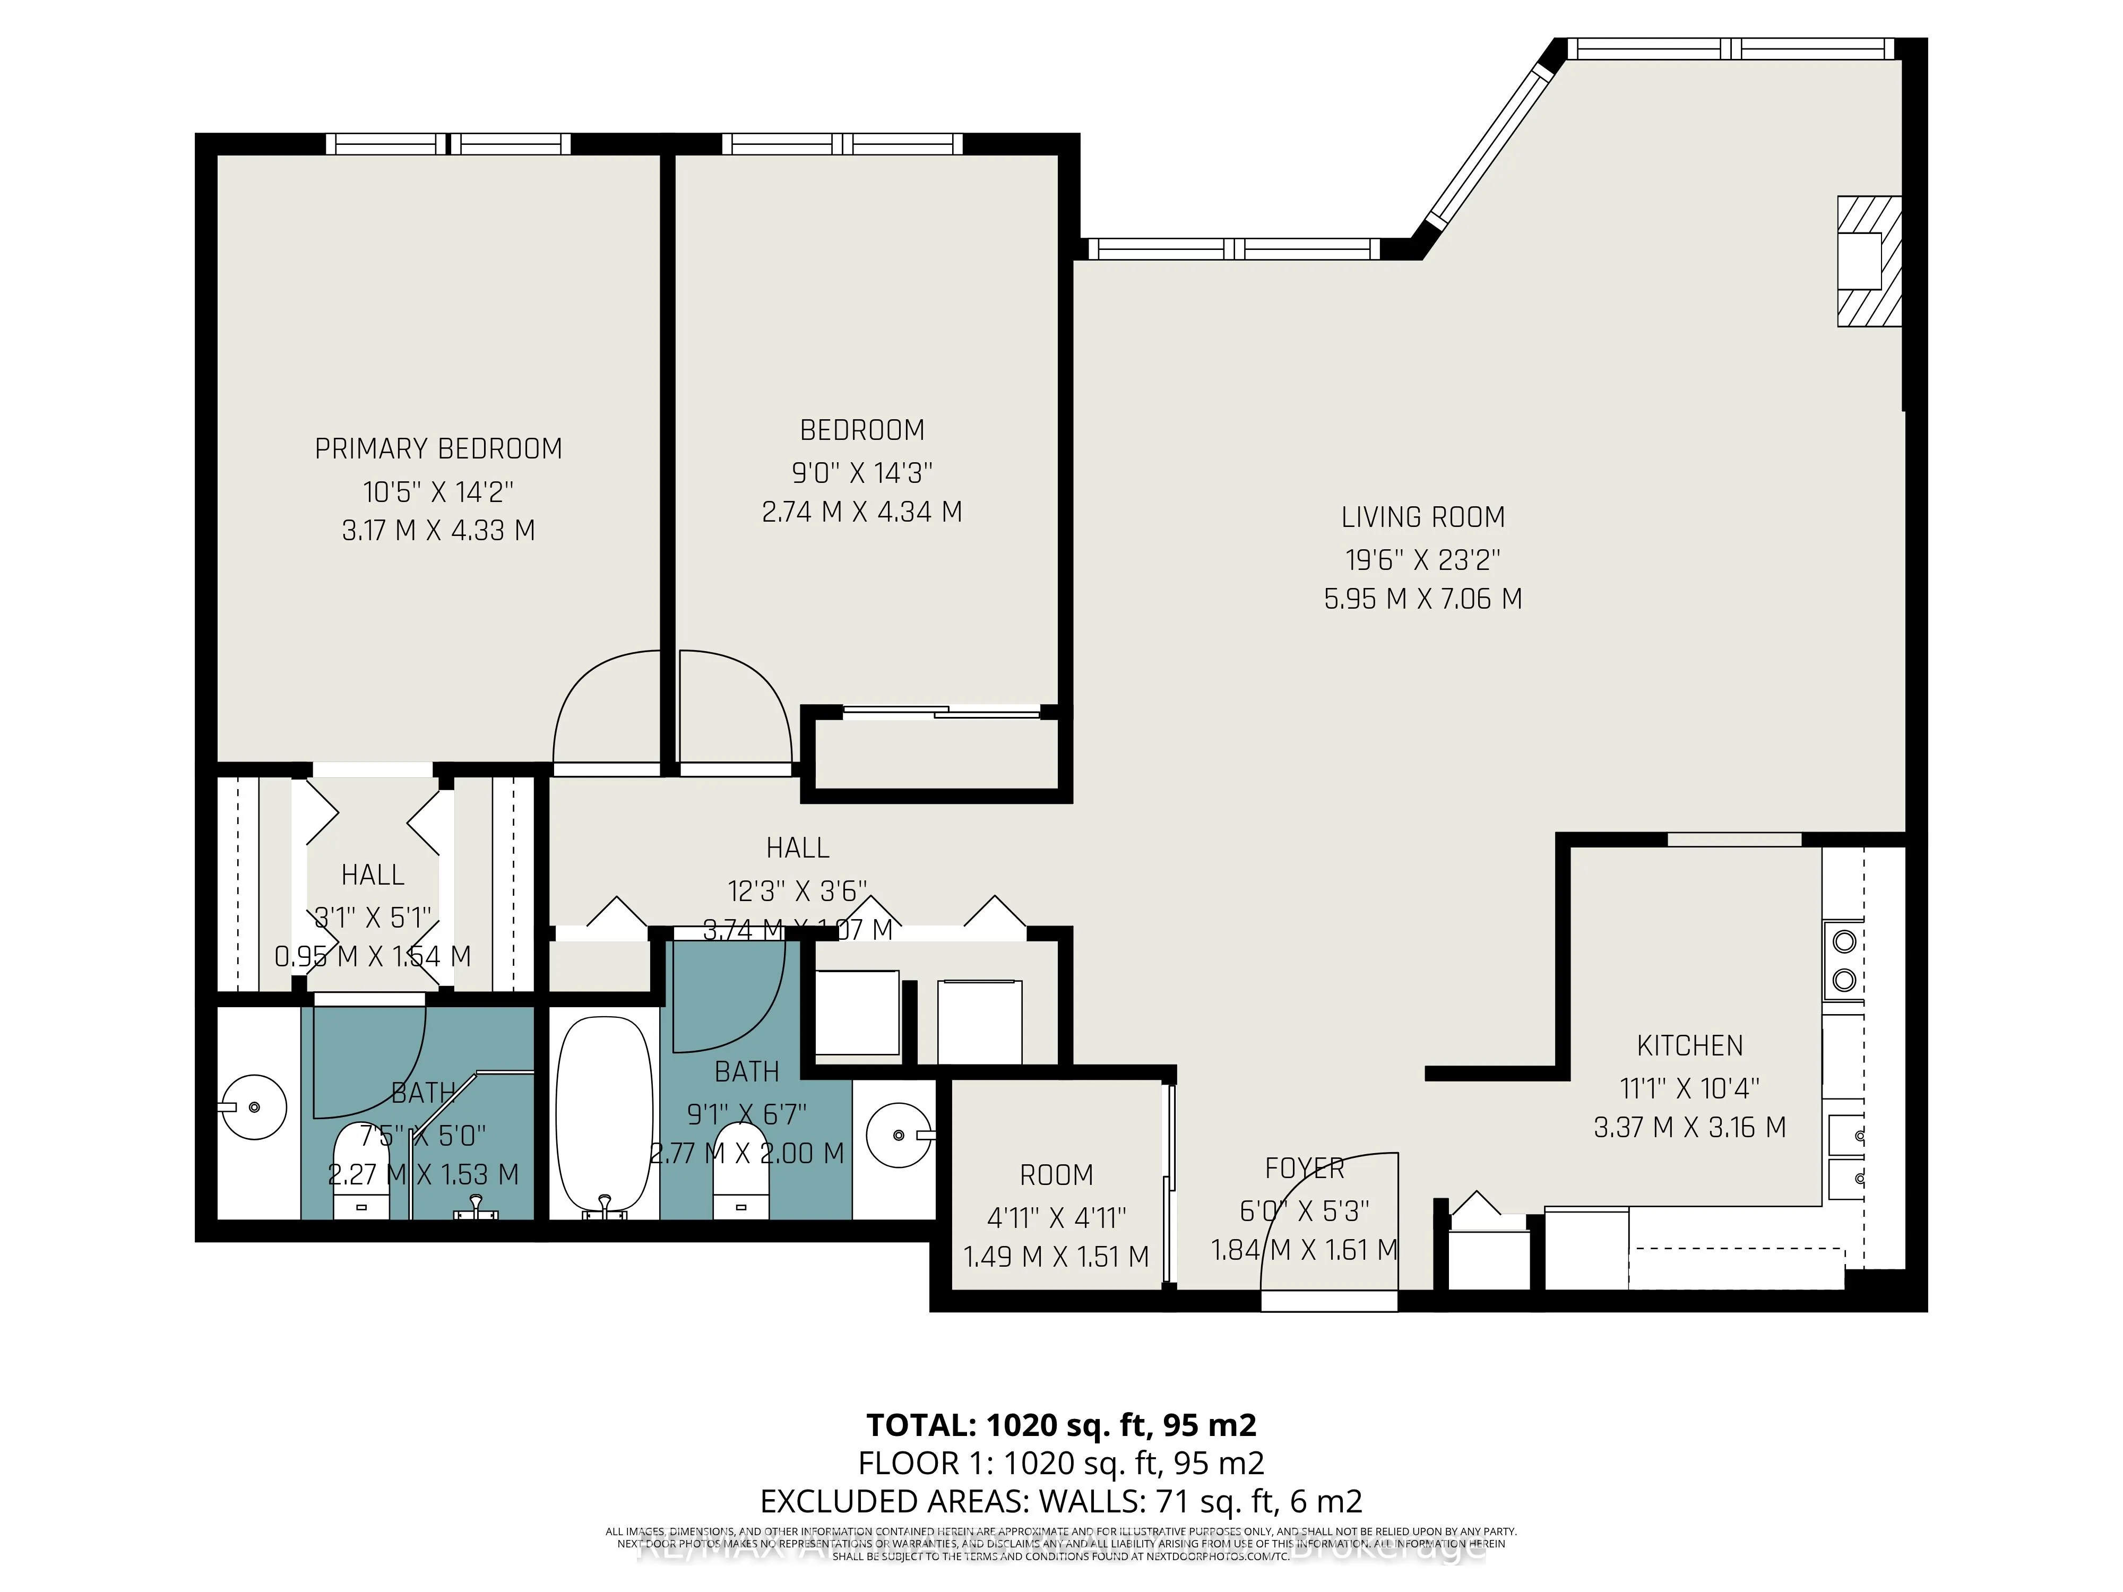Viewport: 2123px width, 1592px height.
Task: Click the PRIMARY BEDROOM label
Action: [438, 448]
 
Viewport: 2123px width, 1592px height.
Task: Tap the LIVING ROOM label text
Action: [1422, 517]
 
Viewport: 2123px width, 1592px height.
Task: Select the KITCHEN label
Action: [1689, 1045]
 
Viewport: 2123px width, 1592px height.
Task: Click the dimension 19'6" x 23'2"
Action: [1422, 559]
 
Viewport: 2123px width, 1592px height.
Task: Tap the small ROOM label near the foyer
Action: [1056, 1174]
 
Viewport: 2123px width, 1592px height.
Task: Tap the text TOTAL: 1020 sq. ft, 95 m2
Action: [1060, 1425]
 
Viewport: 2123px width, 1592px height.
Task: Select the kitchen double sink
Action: [1845, 1156]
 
